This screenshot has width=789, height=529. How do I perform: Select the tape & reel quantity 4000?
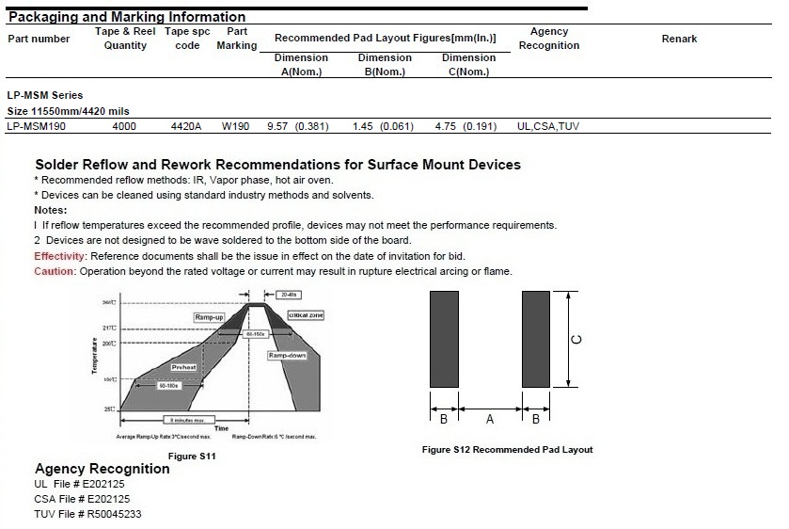click(124, 125)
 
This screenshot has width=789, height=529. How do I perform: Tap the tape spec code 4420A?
click(186, 125)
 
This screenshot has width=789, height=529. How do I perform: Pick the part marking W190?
click(236, 125)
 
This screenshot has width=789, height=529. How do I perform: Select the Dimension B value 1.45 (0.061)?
click(384, 125)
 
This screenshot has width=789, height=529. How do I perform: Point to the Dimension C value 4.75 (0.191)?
click(466, 125)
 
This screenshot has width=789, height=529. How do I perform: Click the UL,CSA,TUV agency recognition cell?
click(548, 125)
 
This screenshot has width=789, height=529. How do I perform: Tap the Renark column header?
click(679, 39)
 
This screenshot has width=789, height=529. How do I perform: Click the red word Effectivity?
click(60, 256)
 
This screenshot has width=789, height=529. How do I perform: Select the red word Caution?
click(54, 271)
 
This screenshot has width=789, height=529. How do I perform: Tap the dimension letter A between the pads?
click(489, 419)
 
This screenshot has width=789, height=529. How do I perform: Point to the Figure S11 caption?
click(192, 456)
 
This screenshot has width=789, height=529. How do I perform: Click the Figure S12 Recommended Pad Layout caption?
click(508, 449)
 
